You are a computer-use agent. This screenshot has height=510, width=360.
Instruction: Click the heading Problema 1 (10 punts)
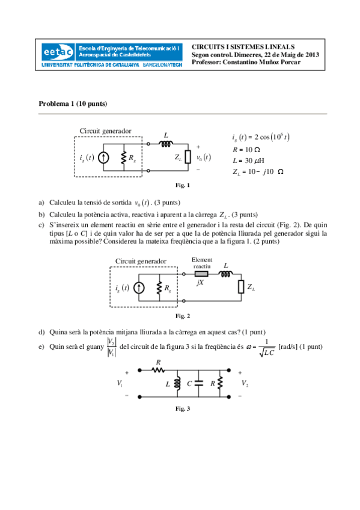tap(73, 103)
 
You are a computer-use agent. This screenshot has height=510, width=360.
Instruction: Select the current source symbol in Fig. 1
tap(104, 158)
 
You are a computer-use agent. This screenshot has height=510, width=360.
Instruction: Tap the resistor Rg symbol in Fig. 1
tap(123, 158)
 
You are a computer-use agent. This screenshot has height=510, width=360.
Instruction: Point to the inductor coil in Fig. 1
tap(165, 144)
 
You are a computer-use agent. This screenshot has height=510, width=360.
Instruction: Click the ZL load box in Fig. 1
tap(188, 158)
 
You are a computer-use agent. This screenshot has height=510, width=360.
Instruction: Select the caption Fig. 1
tap(182, 185)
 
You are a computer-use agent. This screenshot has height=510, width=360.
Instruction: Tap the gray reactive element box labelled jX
tap(201, 272)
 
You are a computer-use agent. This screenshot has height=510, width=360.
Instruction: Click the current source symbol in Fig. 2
tap(139, 288)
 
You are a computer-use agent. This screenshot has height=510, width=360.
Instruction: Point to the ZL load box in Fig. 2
tap(240, 287)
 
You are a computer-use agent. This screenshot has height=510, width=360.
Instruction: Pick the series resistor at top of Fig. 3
tap(158, 370)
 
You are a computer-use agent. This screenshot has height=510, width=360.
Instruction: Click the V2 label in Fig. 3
tap(245, 383)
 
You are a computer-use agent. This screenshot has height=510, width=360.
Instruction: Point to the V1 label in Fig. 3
tap(120, 383)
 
